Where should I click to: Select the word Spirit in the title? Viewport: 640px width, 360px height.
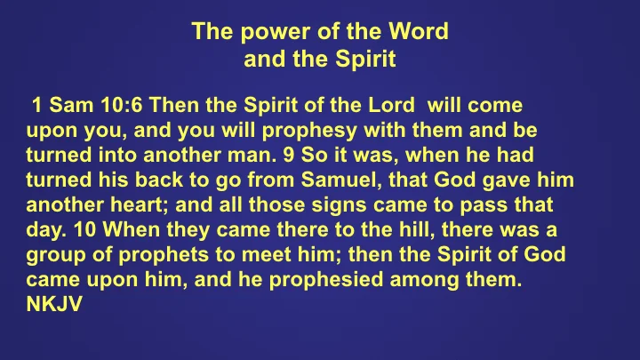click(366, 61)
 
